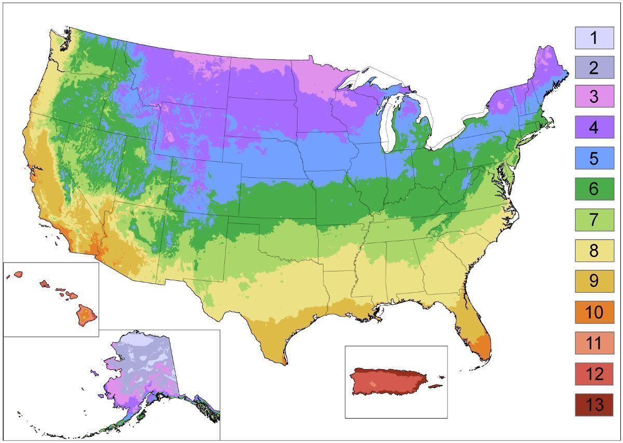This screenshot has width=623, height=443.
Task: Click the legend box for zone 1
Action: pyautogui.click(x=594, y=38)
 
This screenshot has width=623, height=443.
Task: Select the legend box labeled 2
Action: pyautogui.click(x=594, y=68)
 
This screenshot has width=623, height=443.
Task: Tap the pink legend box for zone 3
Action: pyautogui.click(x=594, y=97)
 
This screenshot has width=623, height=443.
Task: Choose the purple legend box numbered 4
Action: pyautogui.click(x=594, y=127)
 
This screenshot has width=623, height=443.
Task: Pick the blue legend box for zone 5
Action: pyautogui.click(x=594, y=158)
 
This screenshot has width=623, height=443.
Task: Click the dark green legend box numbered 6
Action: pyautogui.click(x=594, y=188)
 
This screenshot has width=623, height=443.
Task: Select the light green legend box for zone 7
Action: pyautogui.click(x=594, y=219)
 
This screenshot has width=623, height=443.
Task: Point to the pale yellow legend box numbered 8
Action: pyautogui.click(x=594, y=250)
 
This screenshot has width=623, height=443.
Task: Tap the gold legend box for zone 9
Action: pyautogui.click(x=594, y=281)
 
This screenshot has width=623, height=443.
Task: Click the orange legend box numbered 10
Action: pyautogui.click(x=594, y=312)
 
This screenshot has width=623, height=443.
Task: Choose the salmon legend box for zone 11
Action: pyautogui.click(x=594, y=343)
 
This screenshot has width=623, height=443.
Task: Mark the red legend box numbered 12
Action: pyautogui.click(x=594, y=374)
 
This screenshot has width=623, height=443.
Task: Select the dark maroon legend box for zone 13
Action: pyautogui.click(x=594, y=405)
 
